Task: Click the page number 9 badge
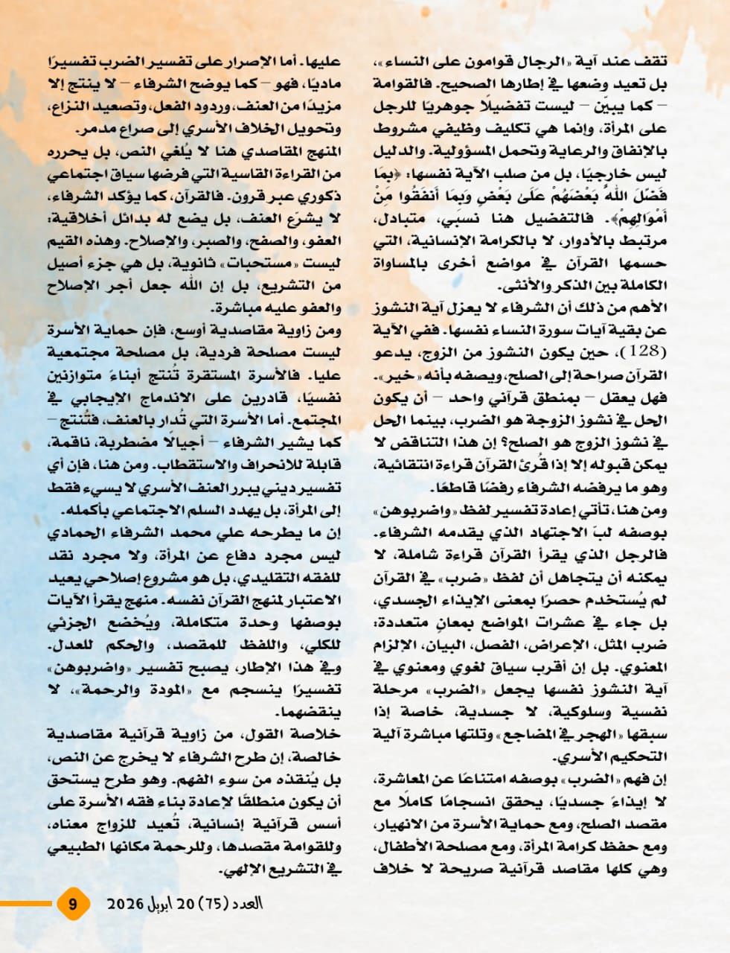73,905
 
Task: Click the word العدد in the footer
252,905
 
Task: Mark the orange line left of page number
27,905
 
